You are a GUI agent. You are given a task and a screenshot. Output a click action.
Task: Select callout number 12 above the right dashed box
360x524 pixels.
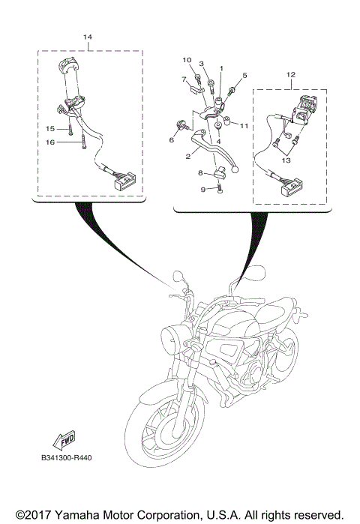pos(291,74)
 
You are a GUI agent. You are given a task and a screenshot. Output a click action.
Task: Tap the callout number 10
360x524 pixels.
pos(187,60)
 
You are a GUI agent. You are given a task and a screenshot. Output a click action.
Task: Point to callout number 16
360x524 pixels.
pos(49,142)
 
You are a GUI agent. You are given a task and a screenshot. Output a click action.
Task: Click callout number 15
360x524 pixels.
pos(49,128)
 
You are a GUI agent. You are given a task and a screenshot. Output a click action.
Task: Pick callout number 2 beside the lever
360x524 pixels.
pos(189,158)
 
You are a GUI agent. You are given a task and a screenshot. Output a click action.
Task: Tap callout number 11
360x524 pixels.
pos(244,126)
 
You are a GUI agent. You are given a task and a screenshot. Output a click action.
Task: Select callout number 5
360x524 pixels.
pos(244,76)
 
